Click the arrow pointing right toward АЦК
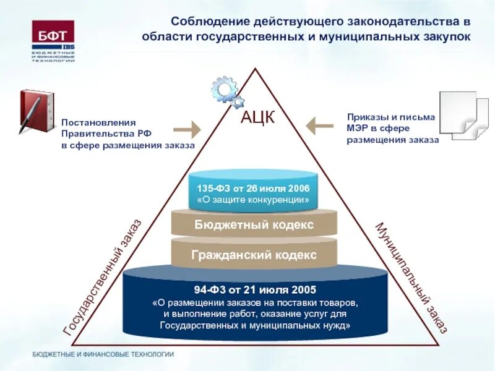(x=186, y=129)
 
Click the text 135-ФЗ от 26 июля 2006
(x=253, y=188)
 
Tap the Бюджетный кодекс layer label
(x=254, y=224)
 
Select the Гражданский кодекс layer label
(x=254, y=255)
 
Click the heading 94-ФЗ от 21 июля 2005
(x=254, y=289)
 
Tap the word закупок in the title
(x=442, y=36)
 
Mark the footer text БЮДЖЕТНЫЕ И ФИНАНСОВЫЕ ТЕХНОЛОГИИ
(x=103, y=354)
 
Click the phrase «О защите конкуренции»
(x=253, y=200)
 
